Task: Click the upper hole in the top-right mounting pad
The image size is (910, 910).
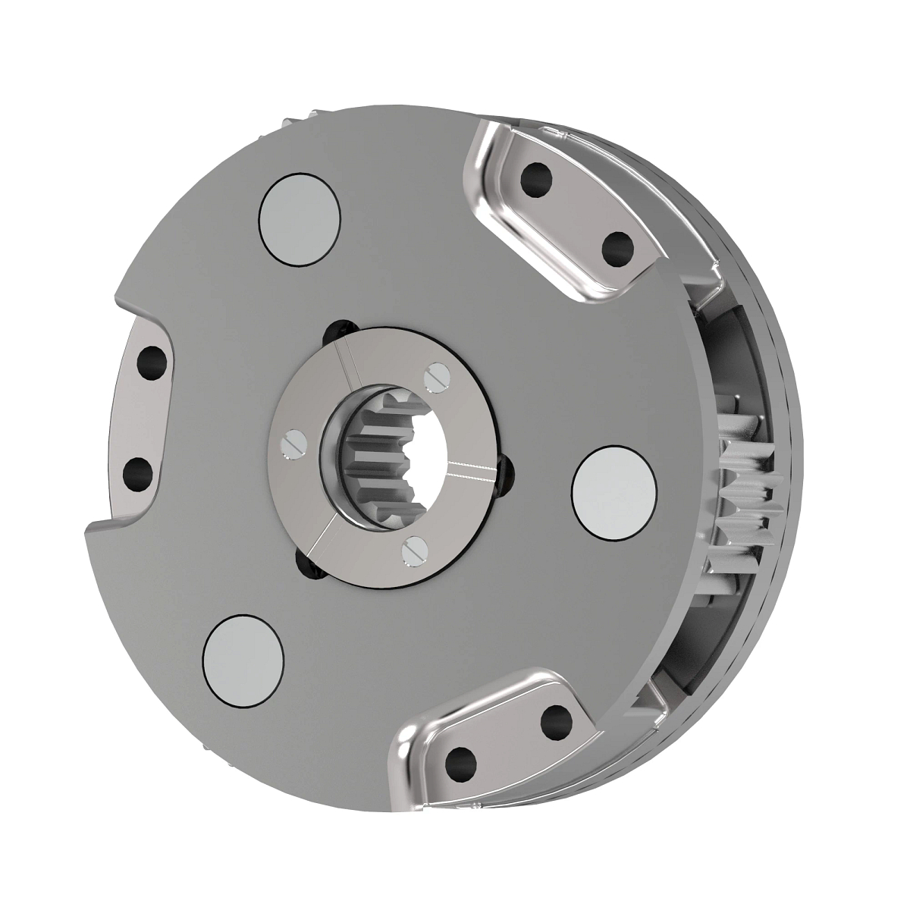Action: [540, 179]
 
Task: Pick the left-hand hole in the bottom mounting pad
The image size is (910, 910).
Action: [459, 760]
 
